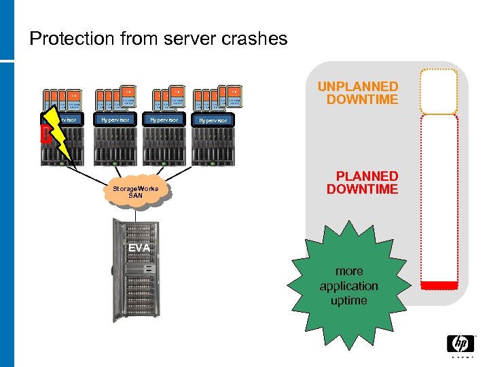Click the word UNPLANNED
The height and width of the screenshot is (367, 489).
click(358, 87)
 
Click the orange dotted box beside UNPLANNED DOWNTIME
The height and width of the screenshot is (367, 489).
click(438, 91)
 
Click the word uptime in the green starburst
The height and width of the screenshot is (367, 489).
click(349, 300)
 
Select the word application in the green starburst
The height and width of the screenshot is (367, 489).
click(349, 286)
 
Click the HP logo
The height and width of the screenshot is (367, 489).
click(460, 344)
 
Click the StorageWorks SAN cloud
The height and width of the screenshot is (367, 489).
click(136, 191)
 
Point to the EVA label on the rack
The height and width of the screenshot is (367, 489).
click(139, 249)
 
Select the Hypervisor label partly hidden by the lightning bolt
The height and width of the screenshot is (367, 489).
click(68, 120)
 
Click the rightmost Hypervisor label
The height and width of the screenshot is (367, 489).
click(213, 120)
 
